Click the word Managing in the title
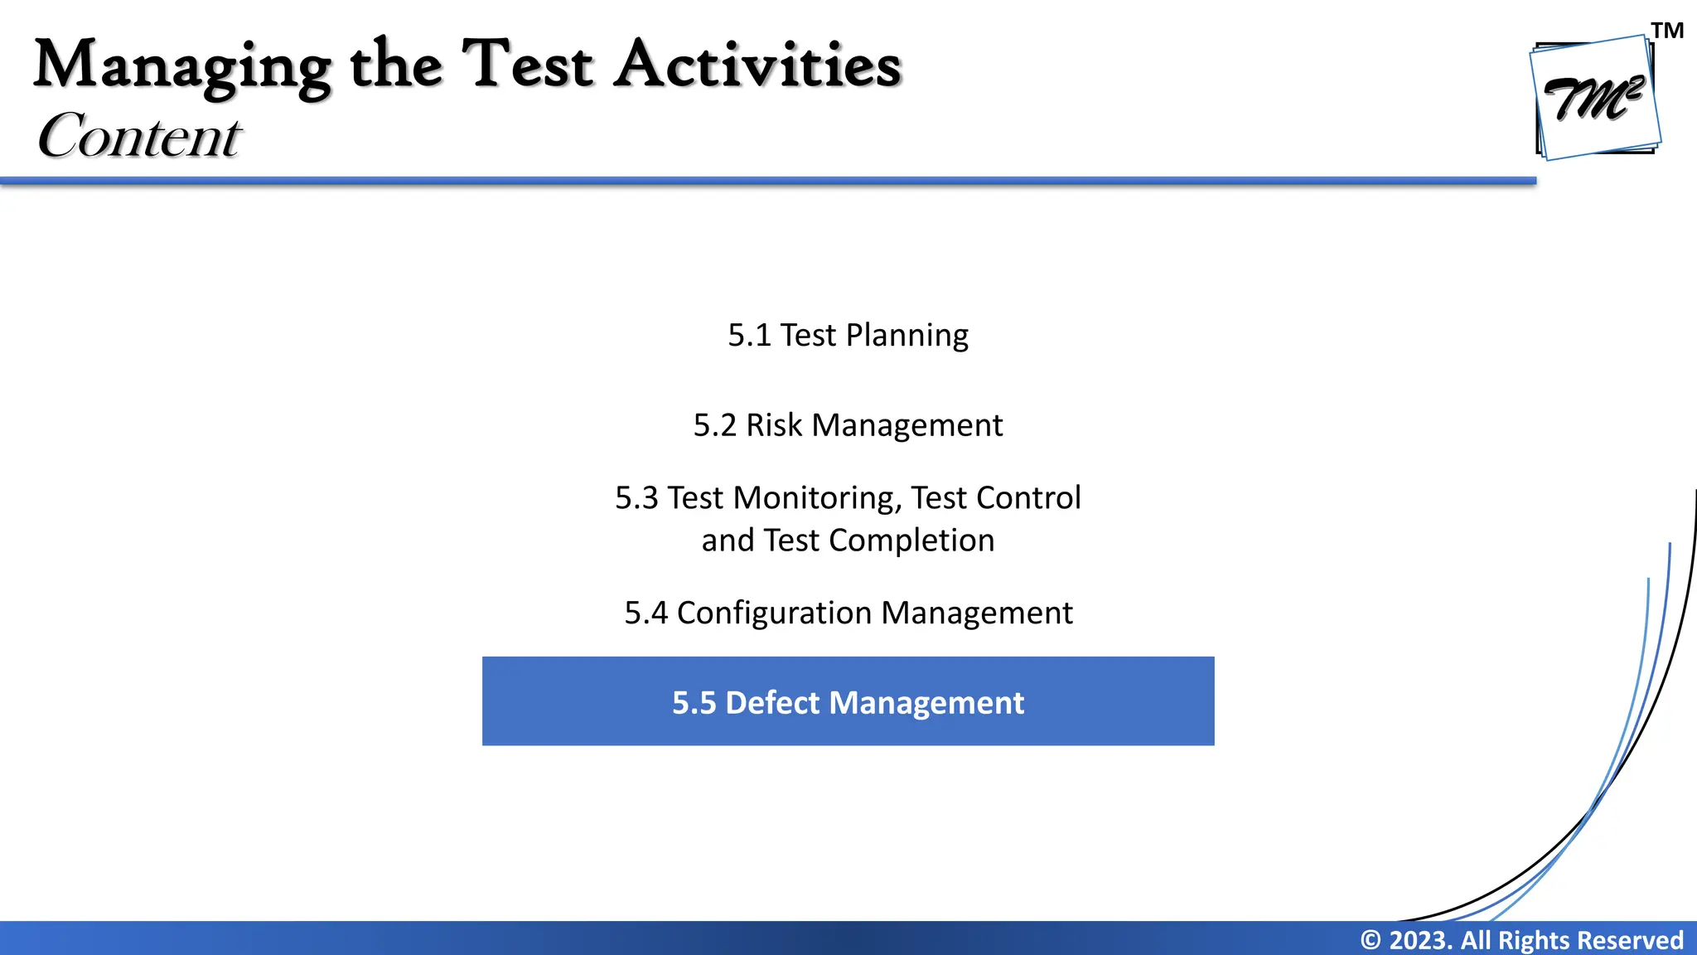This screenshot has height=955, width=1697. [182, 66]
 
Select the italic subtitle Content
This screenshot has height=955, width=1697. [139, 135]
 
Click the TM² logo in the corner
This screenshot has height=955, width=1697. [1594, 98]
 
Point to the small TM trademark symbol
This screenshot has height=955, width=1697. [1667, 31]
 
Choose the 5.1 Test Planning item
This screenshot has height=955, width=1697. [848, 335]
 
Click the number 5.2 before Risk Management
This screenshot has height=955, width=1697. [714, 425]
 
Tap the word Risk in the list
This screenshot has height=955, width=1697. [774, 425]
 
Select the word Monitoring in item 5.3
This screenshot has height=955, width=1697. [817, 498]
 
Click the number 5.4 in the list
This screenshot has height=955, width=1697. [645, 613]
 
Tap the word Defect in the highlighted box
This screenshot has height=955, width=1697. [772, 703]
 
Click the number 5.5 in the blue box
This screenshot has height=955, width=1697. [694, 703]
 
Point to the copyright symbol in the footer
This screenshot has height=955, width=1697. [1371, 940]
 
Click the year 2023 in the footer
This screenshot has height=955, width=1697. [1419, 940]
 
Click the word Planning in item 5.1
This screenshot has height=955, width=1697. [907, 335]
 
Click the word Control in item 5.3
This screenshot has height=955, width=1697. [1028, 498]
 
